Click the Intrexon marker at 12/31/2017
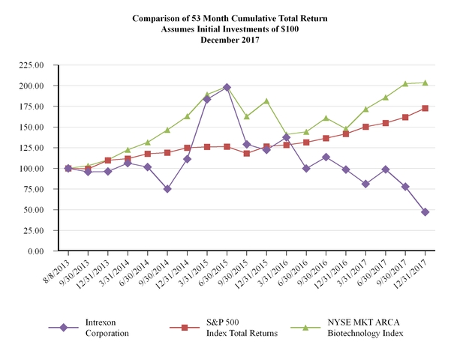tap(425, 212)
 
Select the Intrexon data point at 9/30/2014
tap(167, 189)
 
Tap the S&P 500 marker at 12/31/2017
tap(425, 108)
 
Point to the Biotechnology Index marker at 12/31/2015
tap(266, 100)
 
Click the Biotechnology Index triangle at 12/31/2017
tap(425, 82)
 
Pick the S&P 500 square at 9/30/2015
tap(247, 153)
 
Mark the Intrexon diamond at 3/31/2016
tap(287, 137)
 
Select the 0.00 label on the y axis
tap(50, 251)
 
